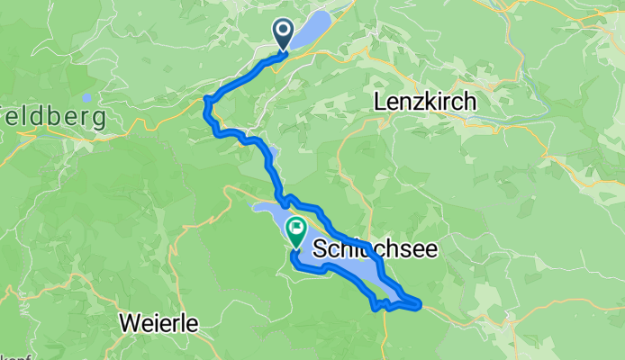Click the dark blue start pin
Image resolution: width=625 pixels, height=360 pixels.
(x=283, y=35)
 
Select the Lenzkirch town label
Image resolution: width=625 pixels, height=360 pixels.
(x=424, y=103)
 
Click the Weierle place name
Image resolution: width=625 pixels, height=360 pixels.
(x=158, y=321)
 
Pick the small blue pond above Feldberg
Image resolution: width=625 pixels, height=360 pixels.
(x=86, y=97)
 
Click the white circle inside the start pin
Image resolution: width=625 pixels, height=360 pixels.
(x=283, y=31)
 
